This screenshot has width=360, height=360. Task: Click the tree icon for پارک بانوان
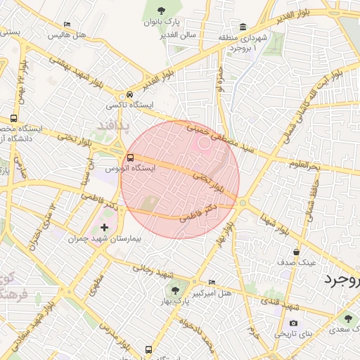pos(162,10)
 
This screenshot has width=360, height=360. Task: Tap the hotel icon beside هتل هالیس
pos(67,25)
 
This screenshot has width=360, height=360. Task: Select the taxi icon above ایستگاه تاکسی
pos(129,95)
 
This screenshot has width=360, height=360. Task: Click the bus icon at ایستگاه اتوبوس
pos(131,157)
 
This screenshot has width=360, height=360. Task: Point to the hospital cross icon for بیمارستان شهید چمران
pos(105,227)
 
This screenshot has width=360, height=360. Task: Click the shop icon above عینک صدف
pos(297,251)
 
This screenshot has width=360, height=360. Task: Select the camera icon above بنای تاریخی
pos(293,323)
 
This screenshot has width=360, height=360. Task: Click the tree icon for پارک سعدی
pos(346,319)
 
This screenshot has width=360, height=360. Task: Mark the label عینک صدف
pos(297,262)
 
